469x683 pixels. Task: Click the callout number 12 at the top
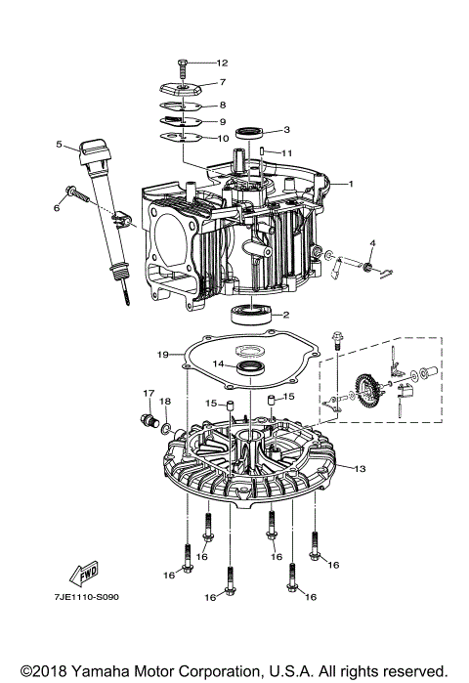[x=222, y=62]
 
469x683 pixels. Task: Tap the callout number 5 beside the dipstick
[x=59, y=145]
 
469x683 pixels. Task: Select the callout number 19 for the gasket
[x=164, y=353]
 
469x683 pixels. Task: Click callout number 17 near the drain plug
[x=149, y=394]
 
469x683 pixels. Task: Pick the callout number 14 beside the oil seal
[x=219, y=364]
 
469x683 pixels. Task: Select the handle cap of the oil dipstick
[x=92, y=149]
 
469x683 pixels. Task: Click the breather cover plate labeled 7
[x=182, y=86]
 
